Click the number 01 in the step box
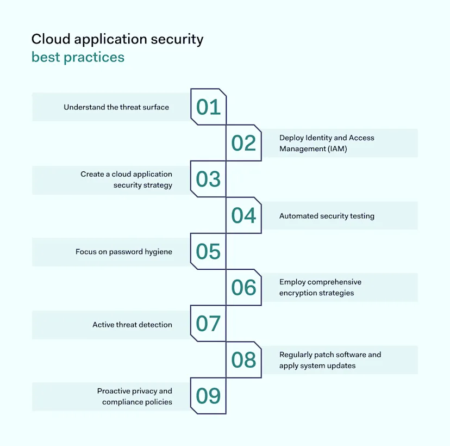pos(208,107)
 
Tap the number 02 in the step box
pos(243,143)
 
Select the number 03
pos(208,179)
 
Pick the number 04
pos(243,216)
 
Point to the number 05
pos(208,252)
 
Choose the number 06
pos(243,288)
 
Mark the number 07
pos(208,324)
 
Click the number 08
pos(243,360)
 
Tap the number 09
pos(208,397)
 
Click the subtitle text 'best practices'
pos(78,57)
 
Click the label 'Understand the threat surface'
pos(116,107)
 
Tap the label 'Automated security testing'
pos(327,216)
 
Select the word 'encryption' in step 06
pos(299,293)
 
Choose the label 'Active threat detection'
pos(132,325)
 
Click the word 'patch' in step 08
pos(323,355)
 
